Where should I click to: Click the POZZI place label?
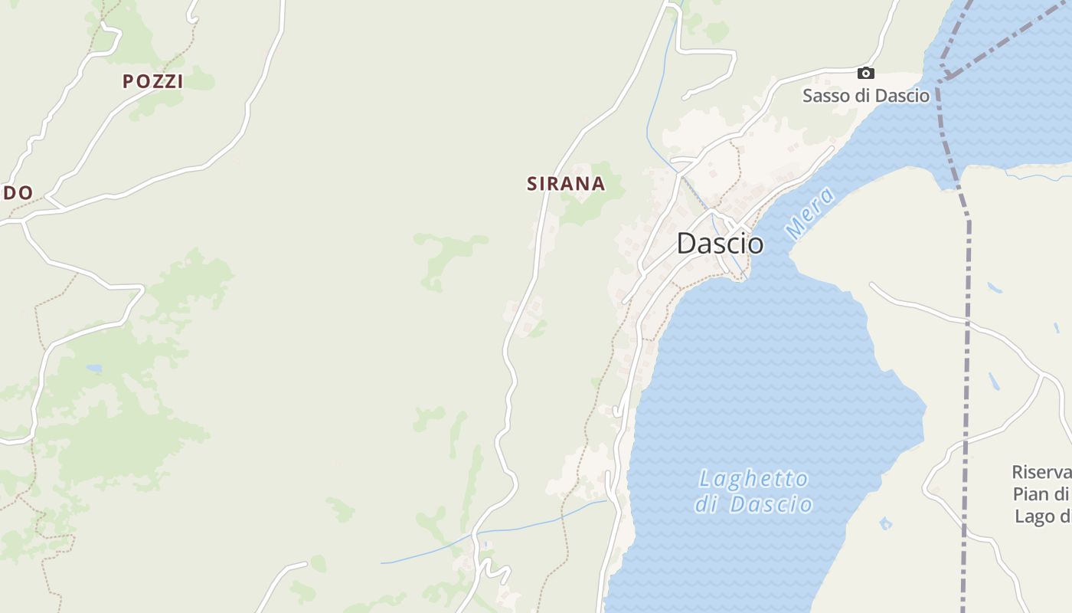coord(153,81)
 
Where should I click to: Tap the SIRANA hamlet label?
coord(566,184)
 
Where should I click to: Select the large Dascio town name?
coord(720,244)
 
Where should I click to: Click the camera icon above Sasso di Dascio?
coord(866,73)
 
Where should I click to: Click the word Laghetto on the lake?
coord(753,480)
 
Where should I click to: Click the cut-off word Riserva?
coord(1041,472)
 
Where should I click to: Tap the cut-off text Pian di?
coord(1041,494)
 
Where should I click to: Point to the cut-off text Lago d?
coord(1043,516)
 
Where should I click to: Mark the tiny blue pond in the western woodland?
coord(93,369)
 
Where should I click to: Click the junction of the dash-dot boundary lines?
coord(946,78)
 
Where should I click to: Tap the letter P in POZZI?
coord(128,81)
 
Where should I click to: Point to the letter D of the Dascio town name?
coord(687,244)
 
